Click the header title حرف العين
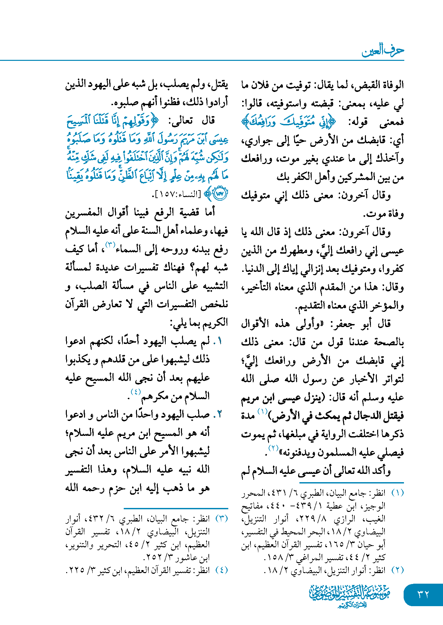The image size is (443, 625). click(x=383, y=51)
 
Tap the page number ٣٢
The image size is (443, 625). click(x=423, y=594)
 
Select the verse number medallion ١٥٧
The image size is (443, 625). click(x=220, y=194)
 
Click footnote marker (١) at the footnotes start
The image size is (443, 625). click(x=397, y=493)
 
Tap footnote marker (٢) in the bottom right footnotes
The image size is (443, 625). click(x=397, y=570)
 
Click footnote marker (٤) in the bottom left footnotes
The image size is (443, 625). click(x=222, y=570)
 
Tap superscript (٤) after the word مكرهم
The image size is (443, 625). click(x=136, y=392)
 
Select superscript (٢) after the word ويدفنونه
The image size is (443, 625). click(x=274, y=448)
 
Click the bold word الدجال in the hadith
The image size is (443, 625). click(x=367, y=415)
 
